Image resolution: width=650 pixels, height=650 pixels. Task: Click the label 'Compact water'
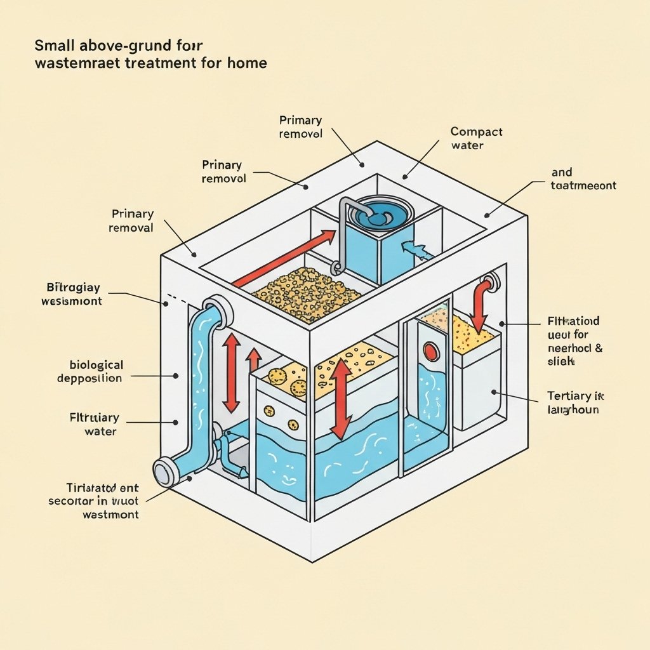[476, 138]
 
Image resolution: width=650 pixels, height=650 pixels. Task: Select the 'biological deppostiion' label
[96, 371]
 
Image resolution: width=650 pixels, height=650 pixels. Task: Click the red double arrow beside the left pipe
[231, 373]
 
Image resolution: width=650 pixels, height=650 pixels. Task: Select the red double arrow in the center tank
[342, 399]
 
